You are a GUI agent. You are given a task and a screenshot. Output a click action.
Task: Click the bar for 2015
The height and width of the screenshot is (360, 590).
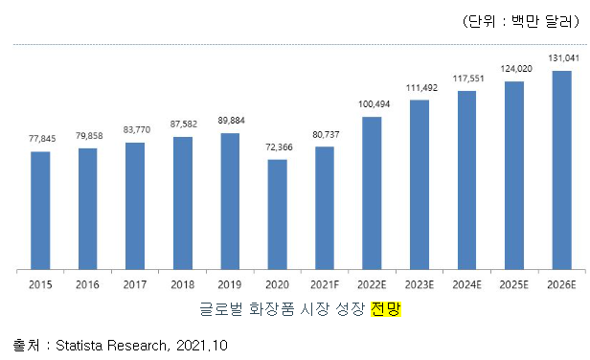pos(40,211)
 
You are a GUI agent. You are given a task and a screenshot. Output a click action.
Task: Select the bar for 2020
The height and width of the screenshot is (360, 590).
pos(277,214)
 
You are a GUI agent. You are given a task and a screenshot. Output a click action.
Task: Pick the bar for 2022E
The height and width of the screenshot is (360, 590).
pos(372,192)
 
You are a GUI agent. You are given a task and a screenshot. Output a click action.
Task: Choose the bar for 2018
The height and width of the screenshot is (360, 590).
pos(182,203)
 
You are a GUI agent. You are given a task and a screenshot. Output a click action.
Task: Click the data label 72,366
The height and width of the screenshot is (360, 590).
pos(277,148)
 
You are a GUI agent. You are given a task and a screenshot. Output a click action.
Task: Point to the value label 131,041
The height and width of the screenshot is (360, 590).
pos(561,58)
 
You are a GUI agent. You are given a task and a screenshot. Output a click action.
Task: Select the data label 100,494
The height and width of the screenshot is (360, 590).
pos(372,104)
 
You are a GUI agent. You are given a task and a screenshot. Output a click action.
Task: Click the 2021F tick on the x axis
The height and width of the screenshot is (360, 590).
pos(325,284)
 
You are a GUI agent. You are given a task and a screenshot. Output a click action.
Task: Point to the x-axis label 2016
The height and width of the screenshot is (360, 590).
pos(88,284)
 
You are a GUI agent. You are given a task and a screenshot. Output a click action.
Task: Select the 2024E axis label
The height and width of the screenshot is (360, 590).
pos(466,284)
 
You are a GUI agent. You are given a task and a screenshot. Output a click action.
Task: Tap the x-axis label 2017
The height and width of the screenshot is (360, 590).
pos(135,284)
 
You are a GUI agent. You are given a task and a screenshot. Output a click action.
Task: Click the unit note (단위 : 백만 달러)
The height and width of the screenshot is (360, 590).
pos(520,21)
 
